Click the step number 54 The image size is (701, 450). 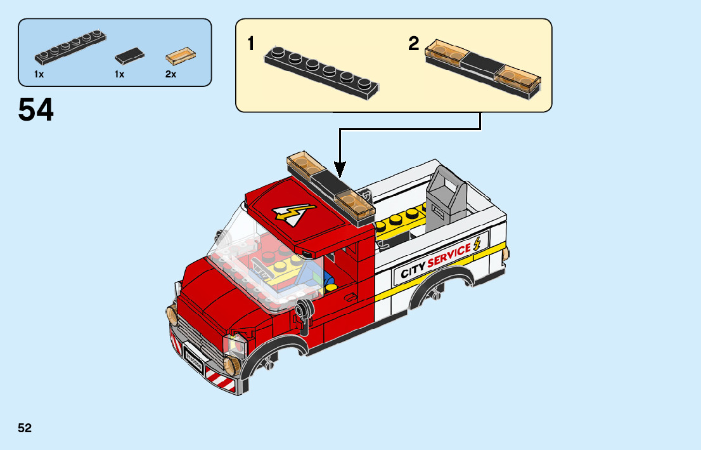pyautogui.click(x=36, y=110)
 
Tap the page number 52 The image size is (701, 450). pyautogui.click(x=25, y=428)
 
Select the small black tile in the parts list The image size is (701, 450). pyautogui.click(x=129, y=56)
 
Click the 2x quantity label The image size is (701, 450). pyautogui.click(x=170, y=74)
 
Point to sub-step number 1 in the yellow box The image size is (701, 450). pyautogui.click(x=251, y=44)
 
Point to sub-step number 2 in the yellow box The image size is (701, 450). pyautogui.click(x=414, y=44)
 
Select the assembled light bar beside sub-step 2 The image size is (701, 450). pyautogui.click(x=484, y=67)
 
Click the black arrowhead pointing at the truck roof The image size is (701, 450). pyautogui.click(x=340, y=169)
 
